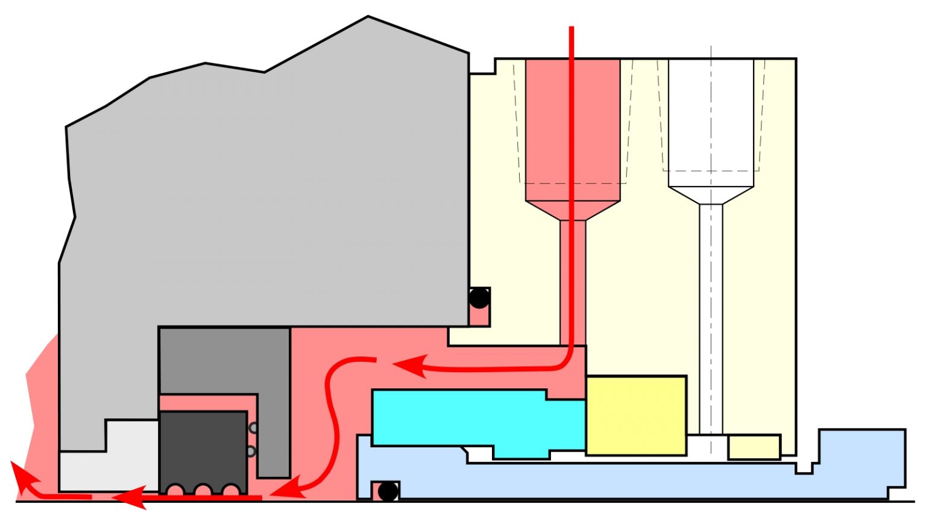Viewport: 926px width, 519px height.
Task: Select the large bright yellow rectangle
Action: pyautogui.click(x=636, y=415)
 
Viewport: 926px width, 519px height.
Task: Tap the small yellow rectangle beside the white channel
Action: pyautogui.click(x=754, y=446)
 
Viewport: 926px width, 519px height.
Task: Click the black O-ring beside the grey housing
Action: pyautogui.click(x=479, y=297)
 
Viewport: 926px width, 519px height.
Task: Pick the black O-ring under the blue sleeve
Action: pyautogui.click(x=388, y=491)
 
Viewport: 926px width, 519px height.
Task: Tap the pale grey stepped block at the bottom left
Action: pyautogui.click(x=109, y=464)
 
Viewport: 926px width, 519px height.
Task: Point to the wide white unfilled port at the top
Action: pyautogui.click(x=711, y=120)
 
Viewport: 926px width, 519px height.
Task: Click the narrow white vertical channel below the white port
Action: pyautogui.click(x=711, y=319)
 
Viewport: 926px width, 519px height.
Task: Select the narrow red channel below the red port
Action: pyautogui.click(x=573, y=283)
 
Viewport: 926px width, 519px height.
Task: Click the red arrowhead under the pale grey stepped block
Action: pyautogui.click(x=129, y=497)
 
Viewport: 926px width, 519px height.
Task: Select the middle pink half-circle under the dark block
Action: pyautogui.click(x=203, y=489)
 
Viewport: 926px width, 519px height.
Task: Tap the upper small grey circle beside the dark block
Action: pyautogui.click(x=254, y=428)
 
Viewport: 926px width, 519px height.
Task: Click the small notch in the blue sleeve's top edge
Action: pyautogui.click(x=804, y=467)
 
